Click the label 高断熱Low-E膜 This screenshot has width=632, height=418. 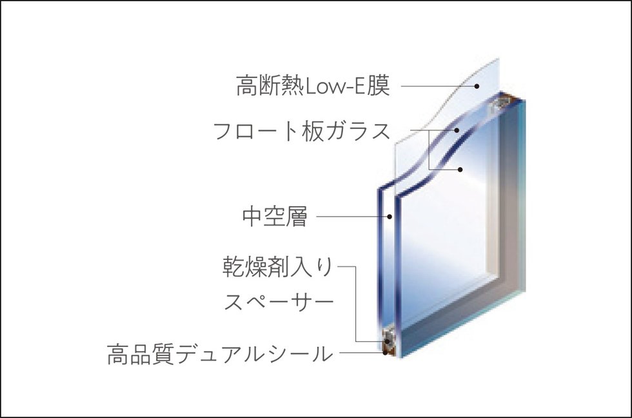click(313, 86)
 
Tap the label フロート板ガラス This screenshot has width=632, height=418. click(302, 131)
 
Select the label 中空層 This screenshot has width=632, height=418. click(275, 217)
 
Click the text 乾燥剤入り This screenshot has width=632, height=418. click(278, 267)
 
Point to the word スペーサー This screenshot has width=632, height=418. click(279, 302)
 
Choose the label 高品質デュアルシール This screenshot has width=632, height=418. click(221, 354)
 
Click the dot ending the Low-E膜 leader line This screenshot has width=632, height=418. click(477, 86)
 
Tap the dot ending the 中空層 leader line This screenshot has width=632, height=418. click(390, 217)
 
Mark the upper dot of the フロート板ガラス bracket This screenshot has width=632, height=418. click(457, 130)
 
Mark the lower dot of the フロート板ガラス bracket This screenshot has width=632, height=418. click(460, 169)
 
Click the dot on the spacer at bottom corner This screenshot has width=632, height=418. click(388, 341)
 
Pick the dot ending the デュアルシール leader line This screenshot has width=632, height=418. click(386, 353)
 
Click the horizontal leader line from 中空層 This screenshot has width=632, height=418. click(352, 217)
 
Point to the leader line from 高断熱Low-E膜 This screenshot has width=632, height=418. click(438, 86)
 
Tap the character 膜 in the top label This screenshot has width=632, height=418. click(379, 86)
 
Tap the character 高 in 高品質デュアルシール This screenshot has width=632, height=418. click(118, 354)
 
